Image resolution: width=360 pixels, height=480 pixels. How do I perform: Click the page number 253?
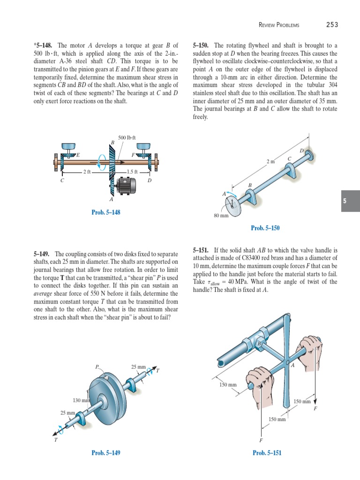(x=331, y=24)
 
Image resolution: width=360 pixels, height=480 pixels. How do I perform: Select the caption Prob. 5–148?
(x=106, y=212)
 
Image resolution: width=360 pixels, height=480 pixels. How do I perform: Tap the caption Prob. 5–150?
(x=265, y=228)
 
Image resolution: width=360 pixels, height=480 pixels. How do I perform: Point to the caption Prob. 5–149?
(x=106, y=452)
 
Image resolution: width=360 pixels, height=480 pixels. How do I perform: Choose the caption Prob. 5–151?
(x=267, y=452)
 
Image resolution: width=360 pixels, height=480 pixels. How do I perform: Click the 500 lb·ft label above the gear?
(x=127, y=137)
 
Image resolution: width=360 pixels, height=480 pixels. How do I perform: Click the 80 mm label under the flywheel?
(x=221, y=216)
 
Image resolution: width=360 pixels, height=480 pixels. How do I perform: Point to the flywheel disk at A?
(x=233, y=204)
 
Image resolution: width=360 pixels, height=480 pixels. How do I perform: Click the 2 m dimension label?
(x=270, y=161)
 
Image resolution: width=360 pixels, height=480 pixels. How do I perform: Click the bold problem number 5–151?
(x=202, y=251)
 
